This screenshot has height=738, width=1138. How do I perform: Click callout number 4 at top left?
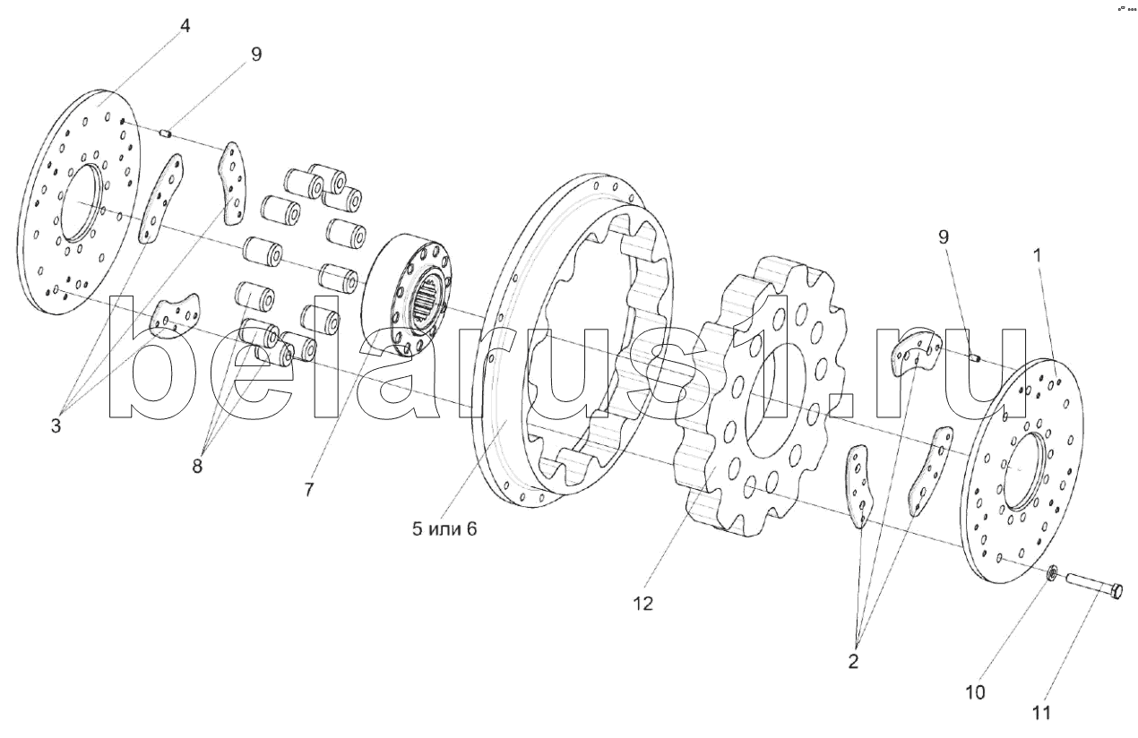pyautogui.click(x=185, y=26)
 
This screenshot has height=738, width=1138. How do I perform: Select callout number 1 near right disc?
pyautogui.click(x=1038, y=255)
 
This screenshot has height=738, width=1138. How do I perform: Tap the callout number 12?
pyautogui.click(x=642, y=604)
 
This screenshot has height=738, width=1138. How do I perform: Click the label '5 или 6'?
pyautogui.click(x=445, y=528)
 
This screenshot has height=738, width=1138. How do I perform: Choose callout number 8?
pyautogui.click(x=197, y=466)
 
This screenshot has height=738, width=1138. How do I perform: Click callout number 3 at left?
pyautogui.click(x=56, y=427)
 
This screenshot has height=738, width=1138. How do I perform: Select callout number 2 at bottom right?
pyautogui.click(x=852, y=663)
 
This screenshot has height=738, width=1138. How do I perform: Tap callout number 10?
pyautogui.click(x=975, y=692)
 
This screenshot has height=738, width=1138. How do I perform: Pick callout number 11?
pyautogui.click(x=1040, y=713)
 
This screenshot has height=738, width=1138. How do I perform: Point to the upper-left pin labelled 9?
pyautogui.click(x=165, y=134)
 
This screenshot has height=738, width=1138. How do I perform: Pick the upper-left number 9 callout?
pyautogui.click(x=256, y=55)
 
